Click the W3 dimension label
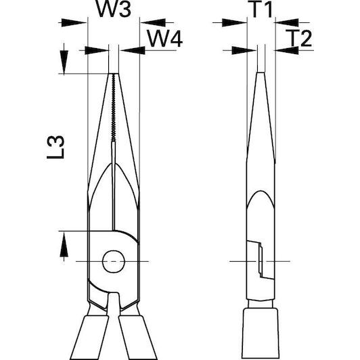tap(113, 9)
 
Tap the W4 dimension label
tap(164, 39)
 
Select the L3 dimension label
tap(55, 147)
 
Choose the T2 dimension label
tap(299, 38)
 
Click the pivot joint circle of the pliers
tap(114, 261)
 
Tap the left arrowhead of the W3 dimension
tap(74, 23)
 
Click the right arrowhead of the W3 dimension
tap(153, 22)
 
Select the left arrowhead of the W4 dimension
tap(96, 51)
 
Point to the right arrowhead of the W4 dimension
tap(133, 51)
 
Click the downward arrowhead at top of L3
tap(64, 62)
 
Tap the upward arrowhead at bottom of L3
tap(64, 244)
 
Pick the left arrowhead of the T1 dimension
tap(234, 23)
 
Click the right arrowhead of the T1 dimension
tap(286, 22)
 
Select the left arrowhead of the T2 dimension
tap(244, 51)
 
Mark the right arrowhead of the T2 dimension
tap(287, 51)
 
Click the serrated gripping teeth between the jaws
tap(114, 108)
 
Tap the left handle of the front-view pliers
tap(89, 337)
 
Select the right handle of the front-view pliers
tap(138, 337)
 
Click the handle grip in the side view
tap(261, 334)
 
